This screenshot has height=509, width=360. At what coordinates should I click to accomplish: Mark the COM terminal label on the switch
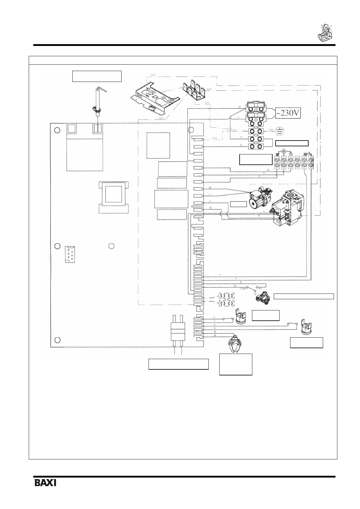pyautogui.click(x=243, y=289)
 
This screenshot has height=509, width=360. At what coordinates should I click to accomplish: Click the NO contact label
pyautogui.click(x=260, y=289)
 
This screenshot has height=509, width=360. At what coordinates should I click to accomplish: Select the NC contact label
pyautogui.click(x=255, y=294)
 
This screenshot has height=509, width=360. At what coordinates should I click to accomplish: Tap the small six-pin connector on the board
pyautogui.click(x=70, y=255)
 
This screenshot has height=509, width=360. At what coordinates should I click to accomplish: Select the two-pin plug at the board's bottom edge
pyautogui.click(x=178, y=332)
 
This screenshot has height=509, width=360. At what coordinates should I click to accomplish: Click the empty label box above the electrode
pyautogui.click(x=97, y=76)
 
